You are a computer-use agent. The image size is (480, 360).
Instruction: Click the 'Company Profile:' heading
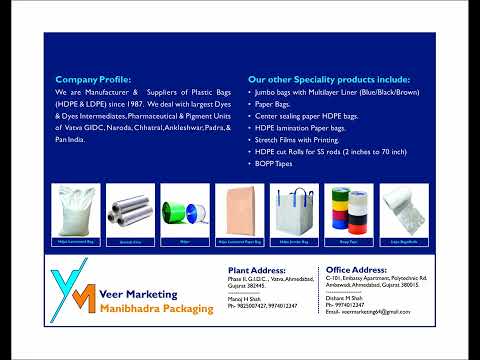93,78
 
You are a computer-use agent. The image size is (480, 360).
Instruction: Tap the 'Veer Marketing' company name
139,295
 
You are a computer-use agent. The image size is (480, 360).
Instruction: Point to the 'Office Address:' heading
359,270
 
